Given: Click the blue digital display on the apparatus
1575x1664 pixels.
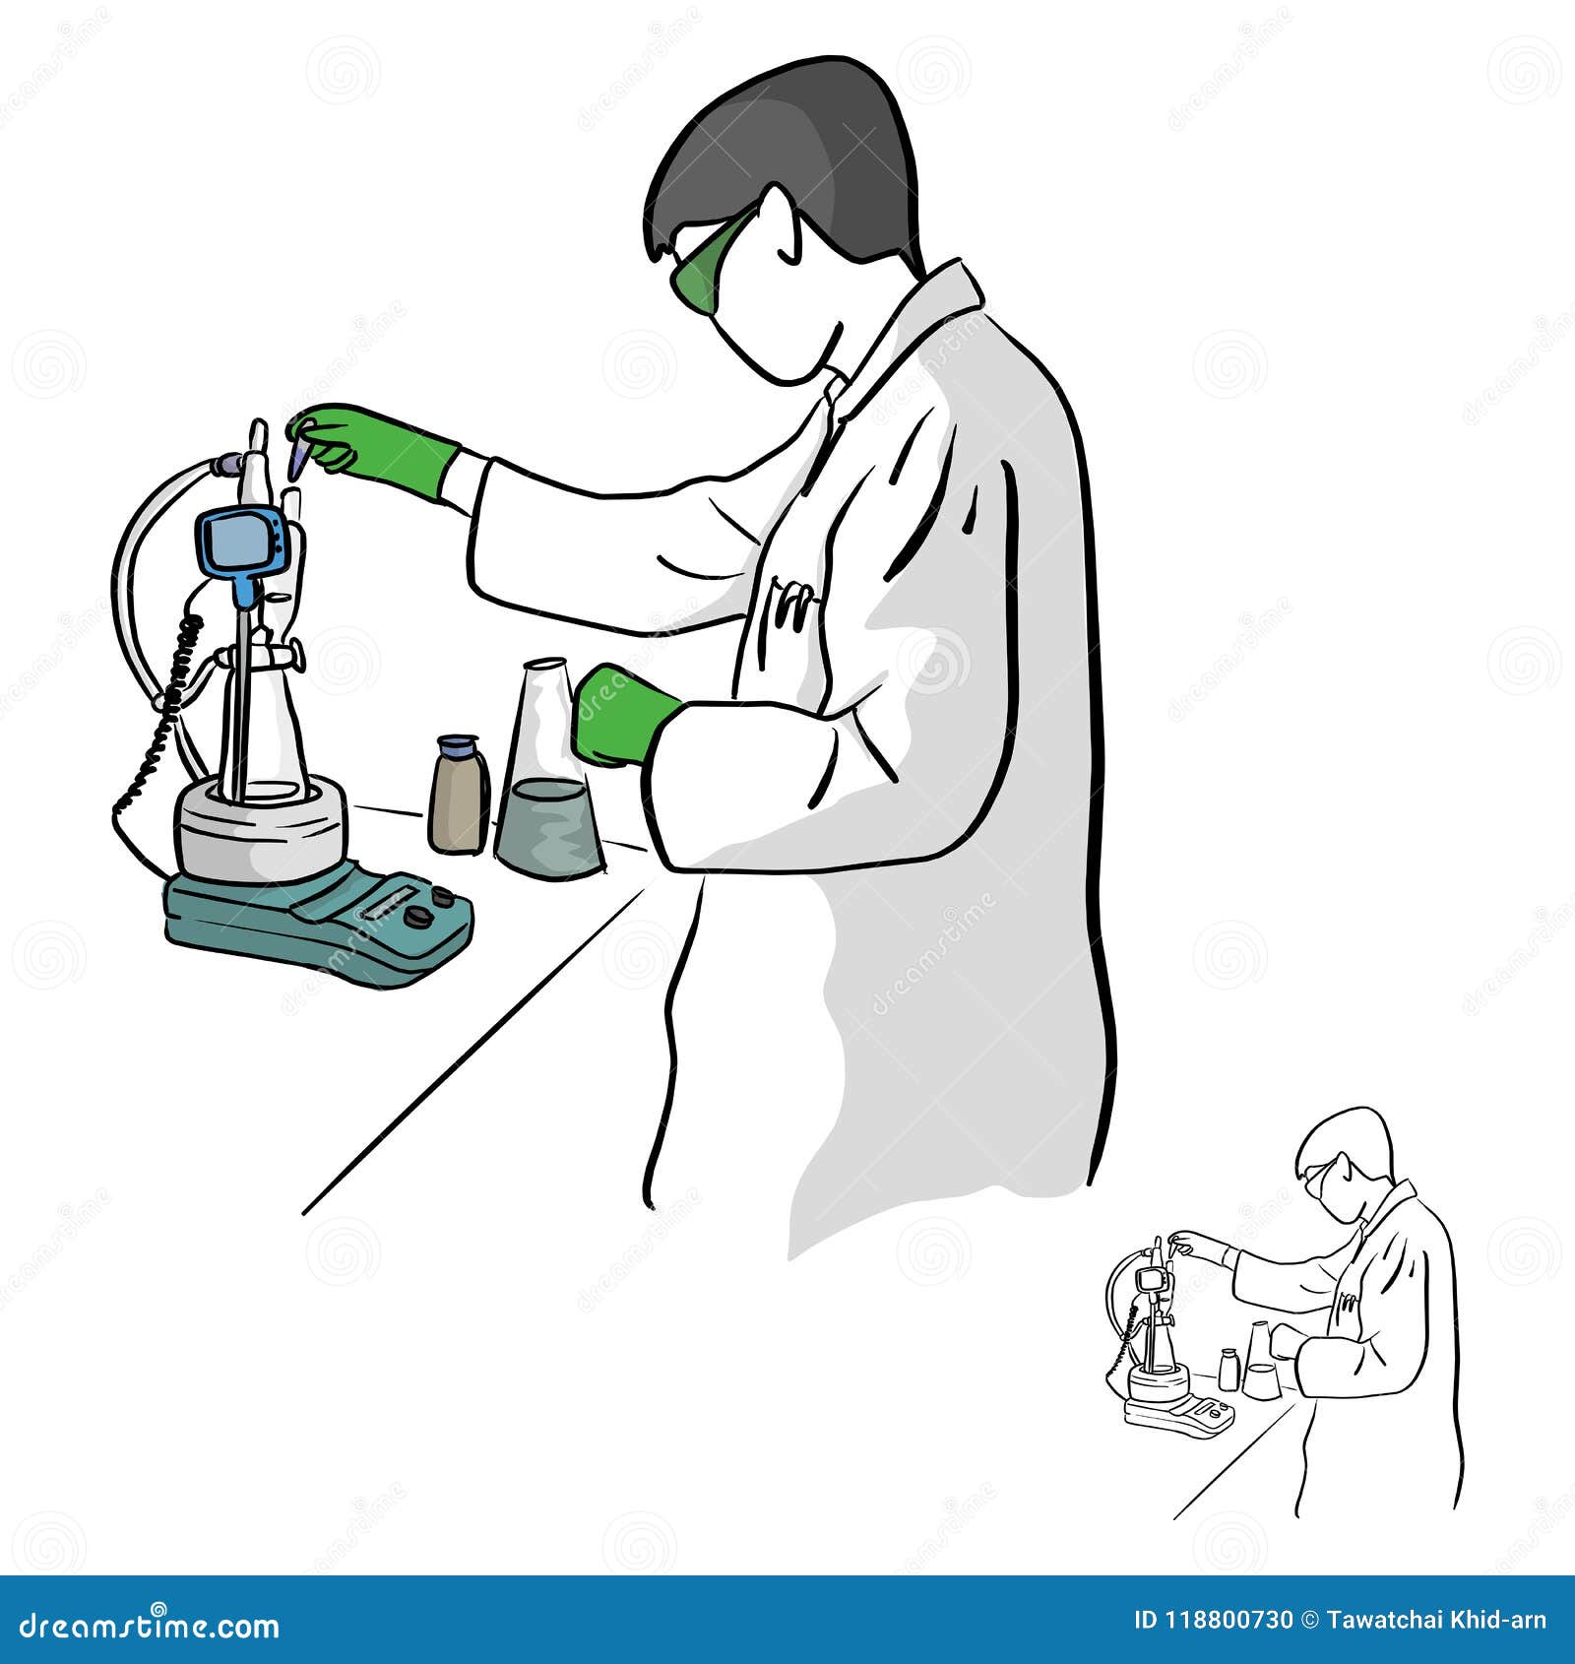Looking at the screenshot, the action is point(242,542).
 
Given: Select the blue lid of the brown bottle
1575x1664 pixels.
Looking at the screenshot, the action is point(459,745).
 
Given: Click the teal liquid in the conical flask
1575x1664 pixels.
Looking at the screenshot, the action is point(548,829).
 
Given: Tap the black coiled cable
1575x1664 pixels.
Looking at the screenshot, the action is point(162,709).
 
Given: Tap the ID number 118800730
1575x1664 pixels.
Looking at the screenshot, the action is point(1213,1621).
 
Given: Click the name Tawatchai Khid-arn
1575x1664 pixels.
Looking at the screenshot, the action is point(1436,1621).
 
